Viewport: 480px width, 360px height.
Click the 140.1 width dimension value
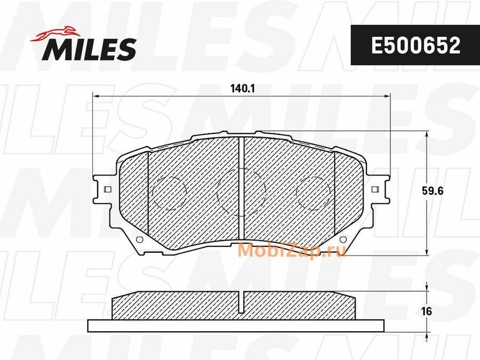[x=241, y=89]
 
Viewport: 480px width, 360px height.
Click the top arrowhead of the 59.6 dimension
[x=427, y=135]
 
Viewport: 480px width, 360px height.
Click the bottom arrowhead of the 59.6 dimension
[x=427, y=253]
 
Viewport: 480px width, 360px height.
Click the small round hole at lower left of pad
[x=140, y=238]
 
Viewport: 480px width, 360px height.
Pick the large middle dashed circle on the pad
[x=241, y=191]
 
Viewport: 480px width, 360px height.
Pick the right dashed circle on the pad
[x=313, y=192]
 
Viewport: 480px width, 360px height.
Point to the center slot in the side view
[x=241, y=303]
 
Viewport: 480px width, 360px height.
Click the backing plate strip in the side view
[x=235, y=325]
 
